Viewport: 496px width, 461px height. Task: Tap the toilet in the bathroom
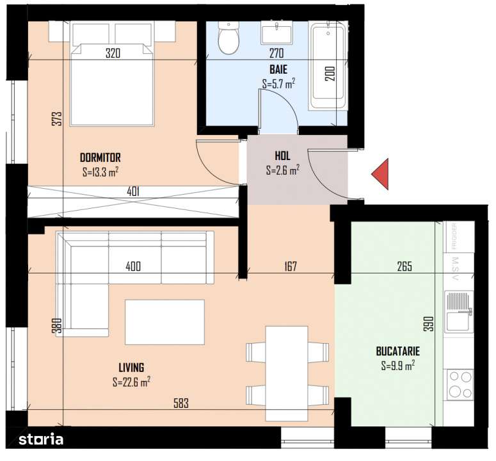[227, 39]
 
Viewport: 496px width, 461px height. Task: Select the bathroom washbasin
[276, 33]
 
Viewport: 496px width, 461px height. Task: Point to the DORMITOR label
[100, 158]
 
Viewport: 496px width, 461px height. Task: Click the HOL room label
[283, 156]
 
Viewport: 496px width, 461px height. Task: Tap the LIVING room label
[131, 368]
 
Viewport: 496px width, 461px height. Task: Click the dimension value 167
[290, 267]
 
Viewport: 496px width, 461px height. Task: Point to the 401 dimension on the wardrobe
[133, 191]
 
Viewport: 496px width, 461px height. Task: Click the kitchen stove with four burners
[460, 384]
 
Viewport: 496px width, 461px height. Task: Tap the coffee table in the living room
[164, 322]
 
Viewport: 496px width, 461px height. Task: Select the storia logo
[40, 440]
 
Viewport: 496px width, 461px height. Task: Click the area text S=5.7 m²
[278, 83]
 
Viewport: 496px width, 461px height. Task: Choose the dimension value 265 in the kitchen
[404, 267]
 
